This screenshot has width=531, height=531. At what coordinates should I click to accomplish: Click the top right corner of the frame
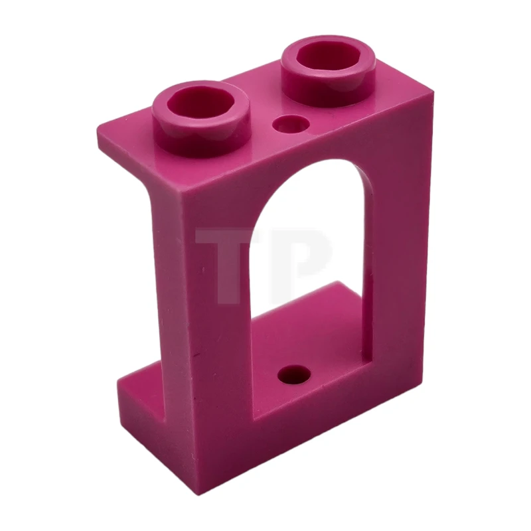click(433, 93)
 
